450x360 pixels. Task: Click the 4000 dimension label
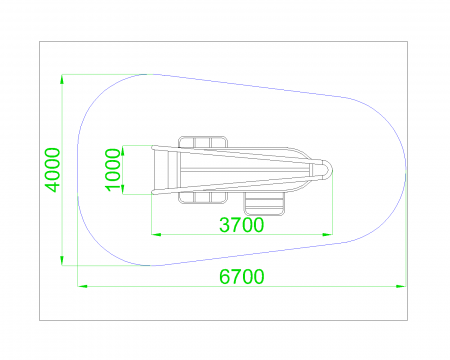pos(53,170)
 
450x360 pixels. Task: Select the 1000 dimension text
pos(112,170)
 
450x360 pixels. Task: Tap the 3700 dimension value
pos(242,225)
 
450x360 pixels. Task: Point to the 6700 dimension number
pos(242,277)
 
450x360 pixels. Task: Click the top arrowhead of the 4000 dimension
pos(62,79)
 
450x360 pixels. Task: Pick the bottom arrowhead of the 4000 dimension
pos(62,261)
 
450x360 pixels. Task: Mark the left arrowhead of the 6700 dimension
pos(82,286)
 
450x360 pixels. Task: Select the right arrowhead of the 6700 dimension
pos(401,286)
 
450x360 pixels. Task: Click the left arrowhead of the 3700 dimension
pos(156,234)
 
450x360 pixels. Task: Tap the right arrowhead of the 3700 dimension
pos(328,234)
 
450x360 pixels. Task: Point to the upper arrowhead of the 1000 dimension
pos(123,150)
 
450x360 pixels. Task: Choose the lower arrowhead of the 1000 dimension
pos(123,189)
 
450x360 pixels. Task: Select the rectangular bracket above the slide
pos(203,142)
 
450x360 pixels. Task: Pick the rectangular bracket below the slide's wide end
pos(203,197)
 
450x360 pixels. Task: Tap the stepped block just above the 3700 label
pos(265,204)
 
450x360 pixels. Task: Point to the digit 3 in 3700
pos(224,225)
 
